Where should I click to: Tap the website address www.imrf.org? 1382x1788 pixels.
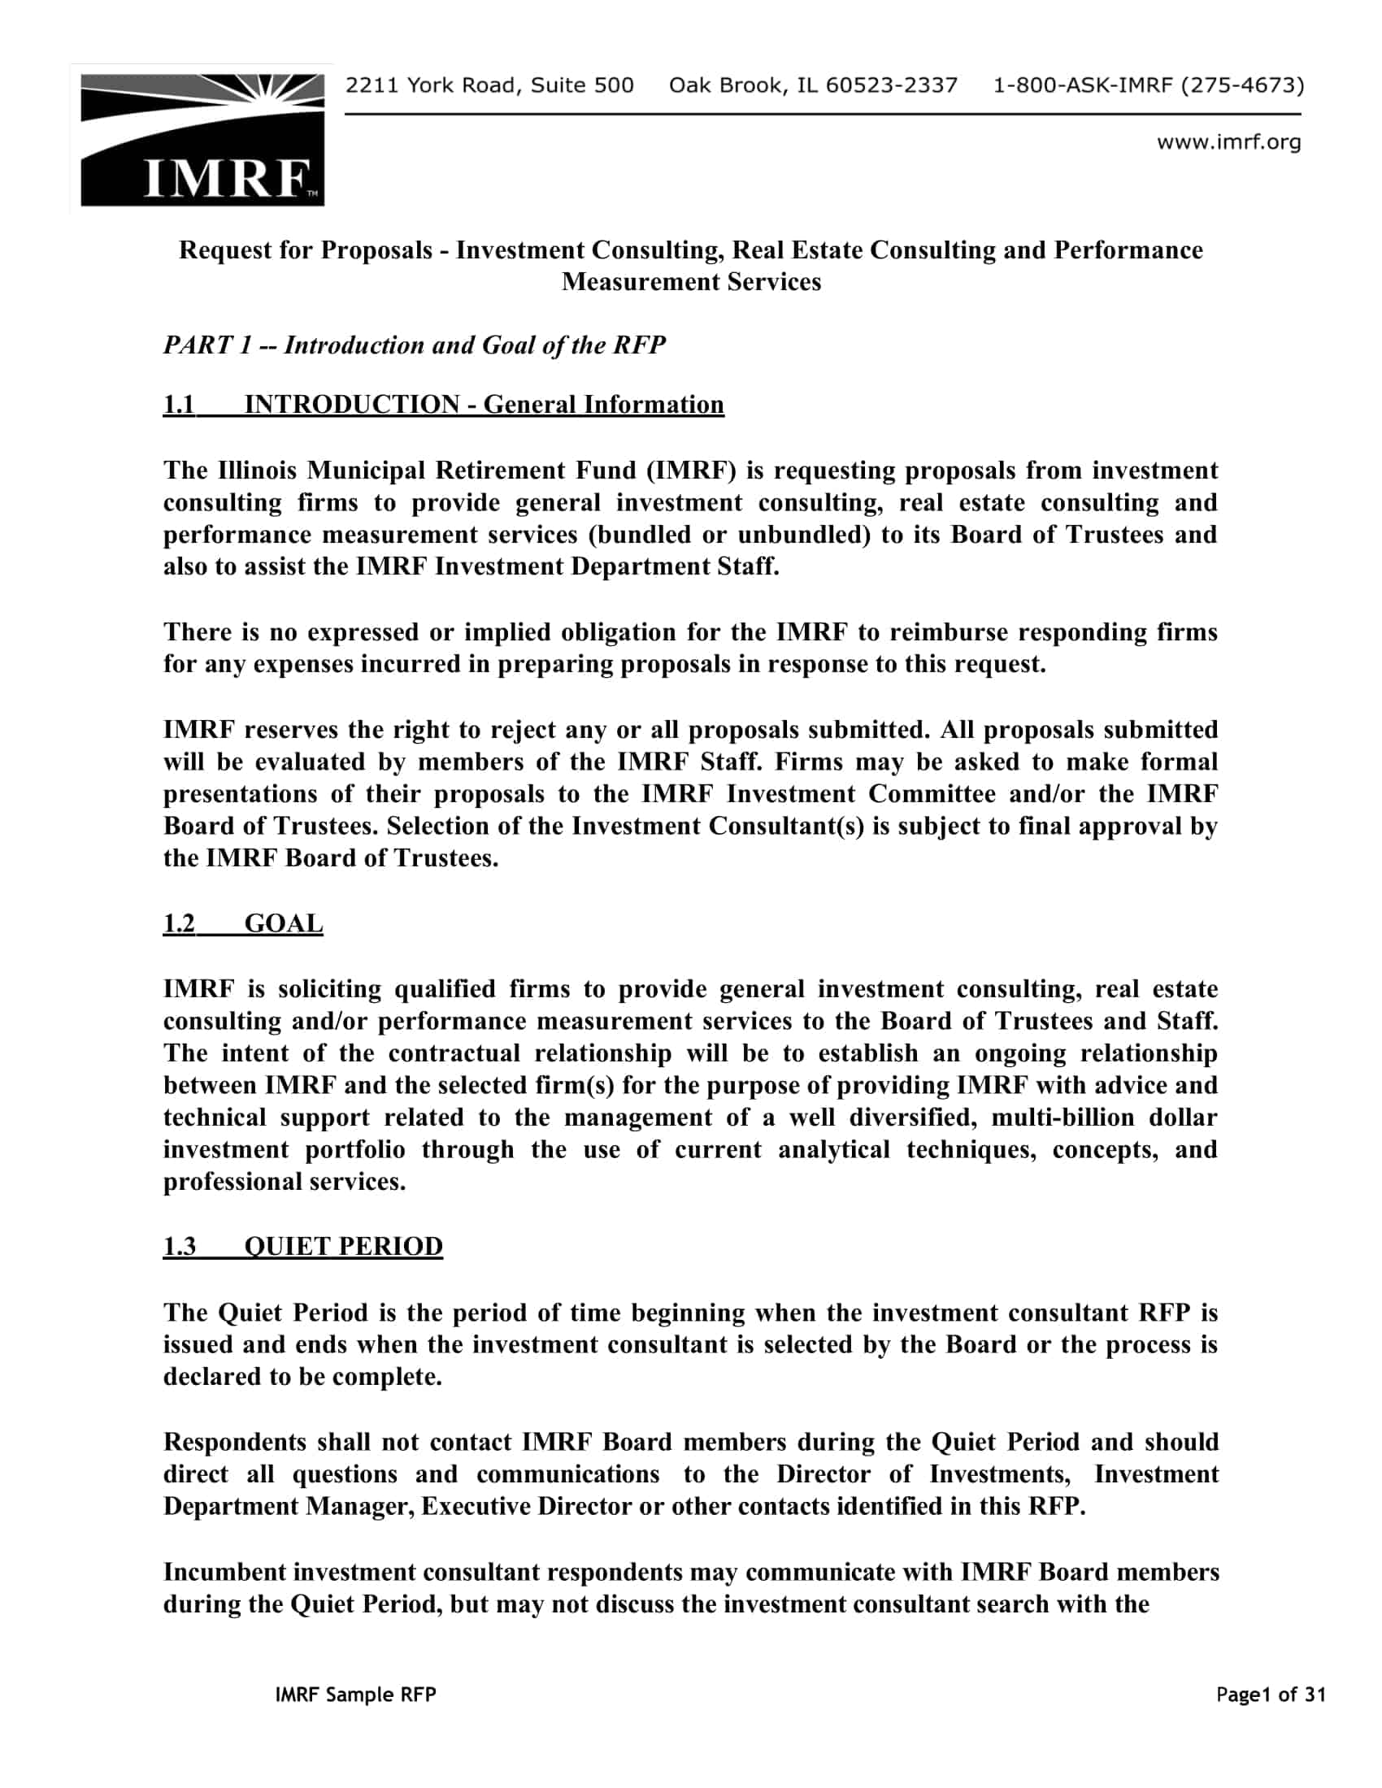(1228, 142)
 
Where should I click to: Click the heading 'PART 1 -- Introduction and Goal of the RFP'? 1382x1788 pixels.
(415, 345)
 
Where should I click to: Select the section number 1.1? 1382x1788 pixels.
(180, 405)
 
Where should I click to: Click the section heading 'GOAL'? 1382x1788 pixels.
(283, 923)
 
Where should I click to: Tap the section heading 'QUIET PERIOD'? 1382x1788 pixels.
(343, 1246)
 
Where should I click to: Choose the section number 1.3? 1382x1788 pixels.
(180, 1246)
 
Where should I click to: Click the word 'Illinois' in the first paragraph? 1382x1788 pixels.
(257, 470)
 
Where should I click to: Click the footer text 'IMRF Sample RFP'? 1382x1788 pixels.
(356, 1695)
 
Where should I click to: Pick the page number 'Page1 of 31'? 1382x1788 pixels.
(1271, 1695)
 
